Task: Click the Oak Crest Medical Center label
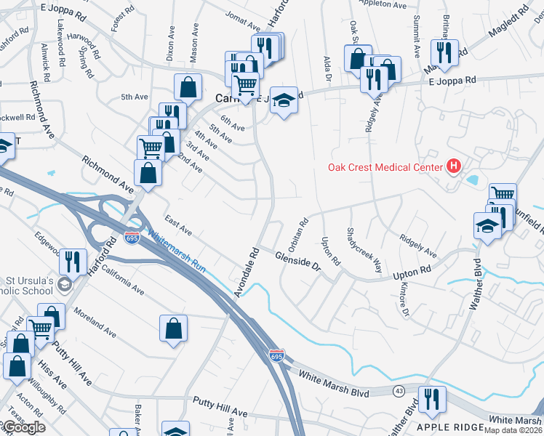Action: click(385, 167)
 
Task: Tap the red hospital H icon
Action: click(455, 166)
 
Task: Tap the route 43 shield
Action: click(399, 391)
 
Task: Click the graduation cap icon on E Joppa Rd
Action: click(284, 101)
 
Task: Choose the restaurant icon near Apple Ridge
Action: click(433, 399)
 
